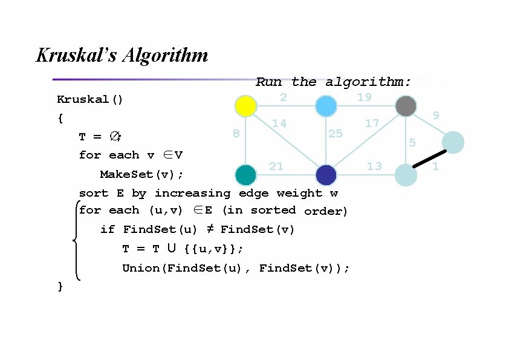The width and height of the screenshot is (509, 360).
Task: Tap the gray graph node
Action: pyautogui.click(x=406, y=106)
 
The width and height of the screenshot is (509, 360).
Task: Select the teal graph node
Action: pyautogui.click(x=246, y=175)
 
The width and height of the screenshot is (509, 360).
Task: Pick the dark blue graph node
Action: pyautogui.click(x=326, y=175)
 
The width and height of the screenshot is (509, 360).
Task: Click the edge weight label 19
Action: pyautogui.click(x=364, y=97)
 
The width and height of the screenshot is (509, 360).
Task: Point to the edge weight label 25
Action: pyautogui.click(x=335, y=133)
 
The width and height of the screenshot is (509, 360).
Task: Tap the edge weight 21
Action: pyautogui.click(x=276, y=166)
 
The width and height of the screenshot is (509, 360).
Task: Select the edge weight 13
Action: pyautogui.click(x=374, y=166)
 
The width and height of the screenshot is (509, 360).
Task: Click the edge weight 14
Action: pyautogui.click(x=279, y=123)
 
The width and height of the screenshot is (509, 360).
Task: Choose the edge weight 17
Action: pyautogui.click(x=372, y=123)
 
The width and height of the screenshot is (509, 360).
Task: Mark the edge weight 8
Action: pyautogui.click(x=236, y=133)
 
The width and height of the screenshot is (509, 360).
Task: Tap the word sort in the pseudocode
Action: pyautogui.click(x=94, y=193)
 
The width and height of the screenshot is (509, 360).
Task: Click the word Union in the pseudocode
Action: pyautogui.click(x=141, y=268)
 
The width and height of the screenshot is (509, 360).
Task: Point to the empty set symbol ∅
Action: pyautogui.click(x=114, y=137)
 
